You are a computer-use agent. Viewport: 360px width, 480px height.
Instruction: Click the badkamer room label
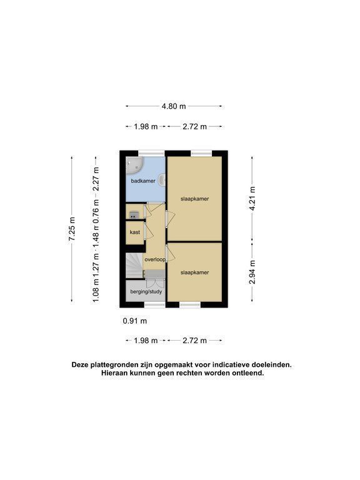click(143, 181)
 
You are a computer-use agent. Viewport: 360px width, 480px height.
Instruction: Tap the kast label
click(135, 232)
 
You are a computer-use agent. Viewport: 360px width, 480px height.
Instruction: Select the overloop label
click(155, 259)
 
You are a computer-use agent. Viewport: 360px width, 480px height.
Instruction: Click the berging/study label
click(146, 291)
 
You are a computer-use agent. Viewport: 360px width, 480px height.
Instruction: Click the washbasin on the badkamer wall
click(162, 180)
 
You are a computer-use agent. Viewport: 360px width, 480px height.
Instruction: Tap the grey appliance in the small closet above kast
click(134, 214)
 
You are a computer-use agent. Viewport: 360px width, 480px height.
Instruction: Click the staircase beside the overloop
click(135, 266)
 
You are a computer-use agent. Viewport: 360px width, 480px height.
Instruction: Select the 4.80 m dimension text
click(174, 106)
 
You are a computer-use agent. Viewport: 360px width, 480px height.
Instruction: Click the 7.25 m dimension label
click(72, 229)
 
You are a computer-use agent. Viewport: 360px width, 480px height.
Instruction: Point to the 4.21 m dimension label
click(252, 198)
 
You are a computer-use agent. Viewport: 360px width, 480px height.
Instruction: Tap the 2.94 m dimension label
click(252, 272)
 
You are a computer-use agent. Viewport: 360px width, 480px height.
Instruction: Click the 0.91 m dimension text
click(135, 321)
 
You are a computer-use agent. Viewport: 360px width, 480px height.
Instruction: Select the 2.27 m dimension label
click(96, 179)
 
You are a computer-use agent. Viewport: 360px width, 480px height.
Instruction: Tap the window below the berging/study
click(154, 304)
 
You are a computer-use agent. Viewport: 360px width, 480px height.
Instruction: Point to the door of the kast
click(149, 232)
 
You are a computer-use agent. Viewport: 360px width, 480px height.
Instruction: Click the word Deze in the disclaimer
click(79, 365)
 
